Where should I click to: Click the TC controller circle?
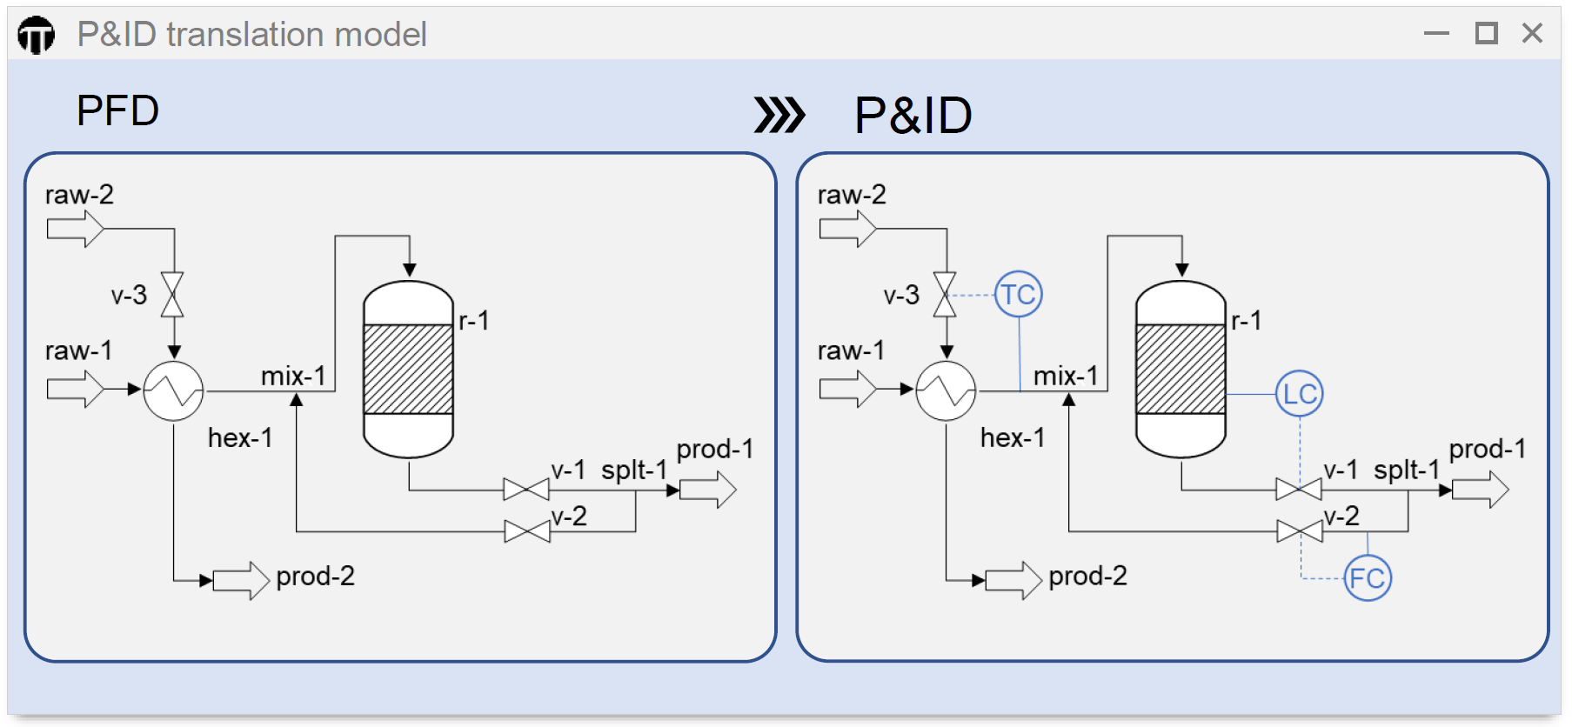pos(1018,294)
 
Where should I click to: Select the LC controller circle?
pos(1299,394)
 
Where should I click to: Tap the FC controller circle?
pos(1368,577)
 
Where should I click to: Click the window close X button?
pos(1532,33)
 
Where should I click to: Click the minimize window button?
pos(1436,33)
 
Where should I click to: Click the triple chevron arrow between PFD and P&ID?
pos(779,115)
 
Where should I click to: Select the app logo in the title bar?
pos(36,36)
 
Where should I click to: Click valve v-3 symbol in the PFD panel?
pos(172,295)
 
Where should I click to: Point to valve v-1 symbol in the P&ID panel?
pos(1298,490)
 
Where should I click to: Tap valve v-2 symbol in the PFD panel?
pos(526,531)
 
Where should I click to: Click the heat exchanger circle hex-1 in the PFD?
pos(173,391)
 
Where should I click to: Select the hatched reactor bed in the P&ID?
pos(1181,369)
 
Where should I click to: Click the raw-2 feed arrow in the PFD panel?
pos(75,229)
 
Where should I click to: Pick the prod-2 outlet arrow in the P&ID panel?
pos(1013,580)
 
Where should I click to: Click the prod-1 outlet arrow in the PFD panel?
pos(707,490)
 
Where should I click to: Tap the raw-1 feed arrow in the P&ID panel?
pos(847,389)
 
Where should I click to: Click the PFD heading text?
pos(117,110)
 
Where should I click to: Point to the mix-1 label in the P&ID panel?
pos(1065,376)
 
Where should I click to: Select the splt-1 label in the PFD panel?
pos(633,470)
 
